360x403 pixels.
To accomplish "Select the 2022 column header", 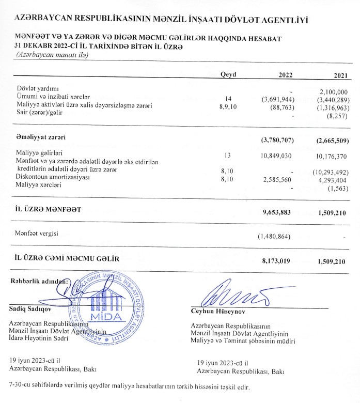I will tap(286, 75).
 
